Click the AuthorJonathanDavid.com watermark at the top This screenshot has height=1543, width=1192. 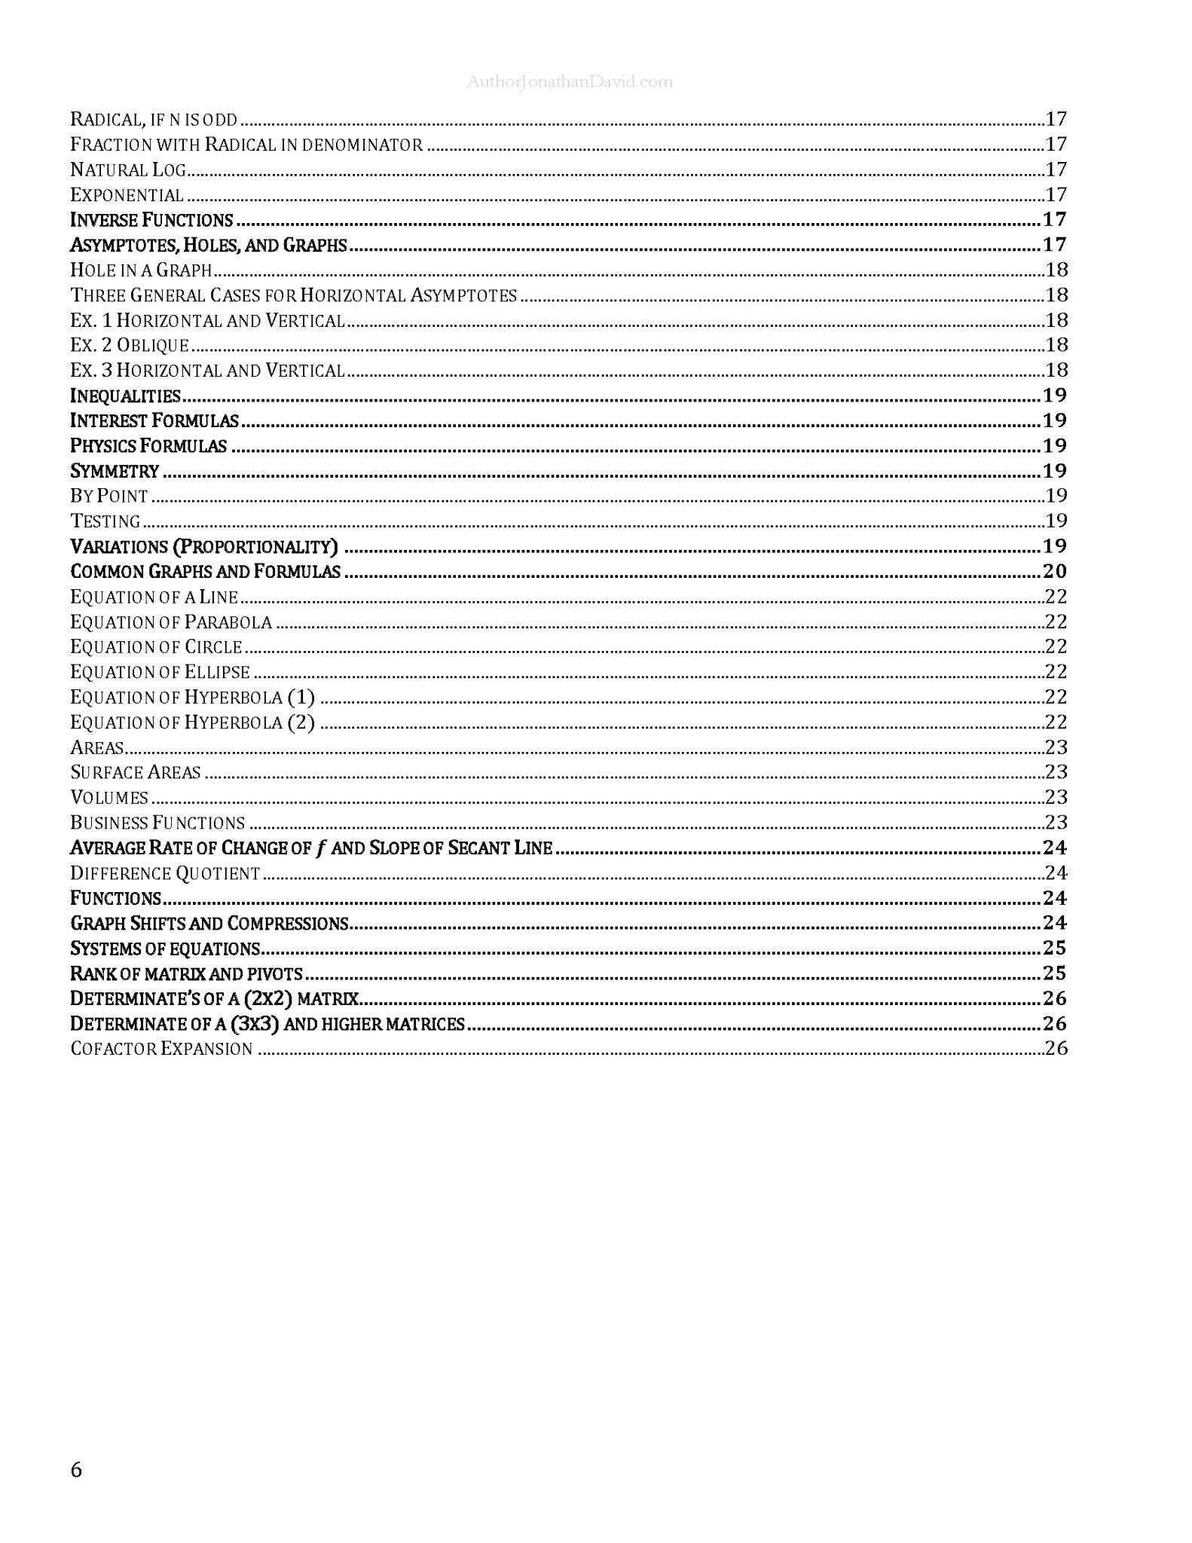tap(569, 82)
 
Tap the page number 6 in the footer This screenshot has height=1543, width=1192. tap(76, 1469)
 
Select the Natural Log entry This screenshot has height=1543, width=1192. tap(128, 170)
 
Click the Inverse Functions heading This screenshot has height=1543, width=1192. tap(151, 220)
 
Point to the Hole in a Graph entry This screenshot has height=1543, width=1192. tap(141, 270)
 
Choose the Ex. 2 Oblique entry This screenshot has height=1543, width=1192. tap(130, 346)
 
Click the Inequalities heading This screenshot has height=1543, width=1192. tap(125, 396)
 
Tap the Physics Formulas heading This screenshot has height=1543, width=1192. tap(148, 446)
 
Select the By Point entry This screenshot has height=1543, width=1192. tap(109, 497)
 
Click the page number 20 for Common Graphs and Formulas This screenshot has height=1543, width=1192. tap(1055, 572)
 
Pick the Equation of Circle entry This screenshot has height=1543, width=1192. tap(156, 647)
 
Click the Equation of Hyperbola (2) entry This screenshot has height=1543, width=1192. tap(192, 723)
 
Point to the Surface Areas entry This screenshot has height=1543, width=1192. tap(136, 773)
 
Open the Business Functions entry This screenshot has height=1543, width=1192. tap(157, 823)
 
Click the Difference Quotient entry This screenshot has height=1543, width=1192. tap(165, 873)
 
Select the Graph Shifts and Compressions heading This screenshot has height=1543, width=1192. tap(209, 924)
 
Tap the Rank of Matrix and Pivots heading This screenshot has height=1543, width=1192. tap(186, 974)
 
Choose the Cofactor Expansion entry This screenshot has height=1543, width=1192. tap(161, 1050)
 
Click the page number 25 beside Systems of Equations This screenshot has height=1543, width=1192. tap(1055, 949)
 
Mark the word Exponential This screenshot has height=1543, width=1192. tap(127, 195)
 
